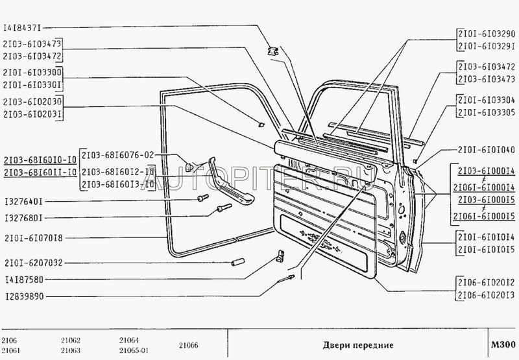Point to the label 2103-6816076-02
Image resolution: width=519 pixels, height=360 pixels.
pyautogui.click(x=117, y=156)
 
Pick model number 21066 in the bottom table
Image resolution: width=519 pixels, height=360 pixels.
pyautogui.click(x=189, y=345)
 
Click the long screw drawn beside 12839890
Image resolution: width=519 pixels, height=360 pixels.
pyautogui.click(x=287, y=280)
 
